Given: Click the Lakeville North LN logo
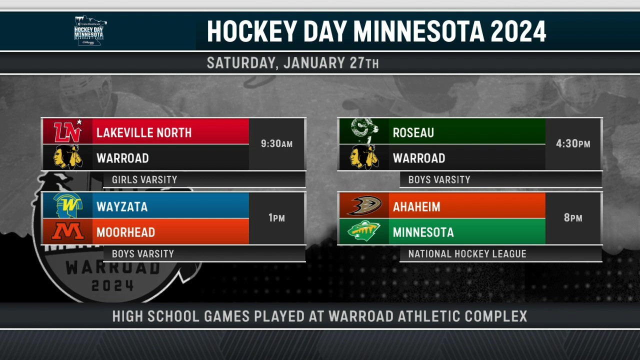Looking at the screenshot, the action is coord(68,131).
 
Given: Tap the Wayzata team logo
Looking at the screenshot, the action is coord(68,205).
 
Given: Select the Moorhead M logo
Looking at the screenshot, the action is coord(68,231).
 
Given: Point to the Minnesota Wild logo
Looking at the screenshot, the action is coord(364,231).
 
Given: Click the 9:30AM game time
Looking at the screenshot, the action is coord(276,143).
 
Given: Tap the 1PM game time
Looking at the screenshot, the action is coord(276,218).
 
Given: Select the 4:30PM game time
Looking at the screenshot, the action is coord(573,143).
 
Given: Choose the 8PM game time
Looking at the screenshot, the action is coord(573,218).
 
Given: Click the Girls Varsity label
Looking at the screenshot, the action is coord(144,179).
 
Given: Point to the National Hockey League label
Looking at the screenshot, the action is coord(467,253).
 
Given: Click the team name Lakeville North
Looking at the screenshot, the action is coord(144,133).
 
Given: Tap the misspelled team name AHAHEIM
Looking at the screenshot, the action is coord(416,207).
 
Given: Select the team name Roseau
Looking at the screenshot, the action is coord(413,133).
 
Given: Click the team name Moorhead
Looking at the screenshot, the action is coord(125,232).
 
